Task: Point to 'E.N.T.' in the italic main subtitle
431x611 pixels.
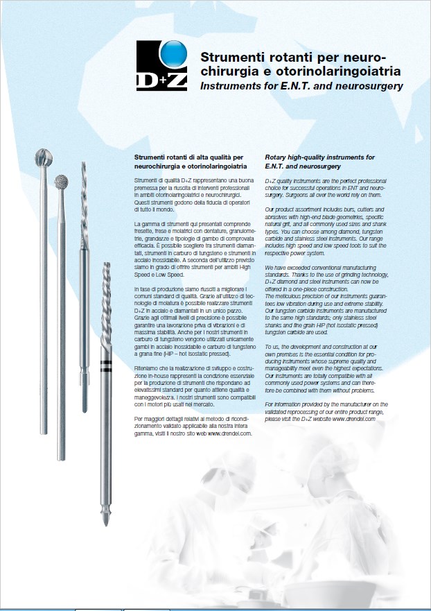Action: coord(283,86)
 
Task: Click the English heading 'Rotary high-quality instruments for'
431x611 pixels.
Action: coord(319,157)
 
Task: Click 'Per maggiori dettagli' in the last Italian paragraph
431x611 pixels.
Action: coord(161,419)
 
